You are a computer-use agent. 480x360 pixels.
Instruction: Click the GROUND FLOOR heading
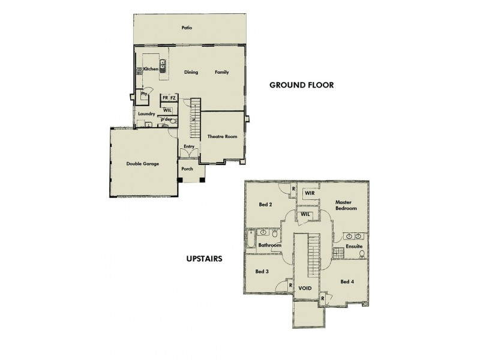[x=301, y=85]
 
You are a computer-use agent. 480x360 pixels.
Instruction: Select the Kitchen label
[x=151, y=70]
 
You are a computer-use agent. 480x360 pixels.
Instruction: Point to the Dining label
[x=191, y=73]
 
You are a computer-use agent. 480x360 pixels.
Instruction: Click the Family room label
[x=222, y=73]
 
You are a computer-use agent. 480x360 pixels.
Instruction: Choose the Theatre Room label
[x=222, y=137]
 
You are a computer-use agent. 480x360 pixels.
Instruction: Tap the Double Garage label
[x=143, y=164]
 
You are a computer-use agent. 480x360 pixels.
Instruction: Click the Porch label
[x=187, y=169]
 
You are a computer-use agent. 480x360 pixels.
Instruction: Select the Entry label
[x=188, y=146]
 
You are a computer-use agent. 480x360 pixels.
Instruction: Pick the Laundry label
[x=146, y=114]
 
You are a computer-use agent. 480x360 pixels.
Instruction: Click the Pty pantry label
[x=144, y=94]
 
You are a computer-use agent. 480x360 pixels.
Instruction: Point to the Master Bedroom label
[x=346, y=205]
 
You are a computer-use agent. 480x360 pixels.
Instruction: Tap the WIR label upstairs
[x=310, y=193]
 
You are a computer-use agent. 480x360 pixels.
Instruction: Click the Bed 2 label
[x=266, y=205]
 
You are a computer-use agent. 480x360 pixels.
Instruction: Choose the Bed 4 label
[x=347, y=281]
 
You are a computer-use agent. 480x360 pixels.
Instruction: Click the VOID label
[x=305, y=289]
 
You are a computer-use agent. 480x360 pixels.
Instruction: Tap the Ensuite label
[x=354, y=247]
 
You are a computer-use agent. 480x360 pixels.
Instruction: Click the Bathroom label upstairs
[x=270, y=245]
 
